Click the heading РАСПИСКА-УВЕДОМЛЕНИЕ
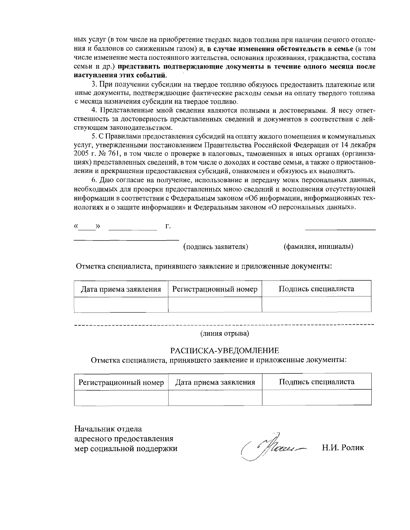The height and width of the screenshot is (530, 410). [225, 350]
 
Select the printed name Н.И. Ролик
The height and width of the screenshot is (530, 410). [343, 447]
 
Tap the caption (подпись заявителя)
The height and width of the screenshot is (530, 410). [216, 246]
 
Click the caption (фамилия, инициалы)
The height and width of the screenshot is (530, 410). [318, 246]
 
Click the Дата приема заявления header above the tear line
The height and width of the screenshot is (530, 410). [121, 289]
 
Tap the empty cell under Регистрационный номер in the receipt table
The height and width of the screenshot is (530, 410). [121, 397]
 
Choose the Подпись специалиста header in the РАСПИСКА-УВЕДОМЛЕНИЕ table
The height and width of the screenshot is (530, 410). [317, 382]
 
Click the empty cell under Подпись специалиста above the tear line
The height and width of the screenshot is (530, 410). [316, 304]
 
